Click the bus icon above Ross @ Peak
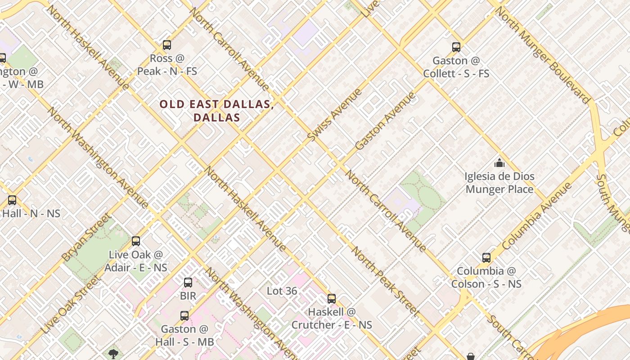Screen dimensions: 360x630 (x=167, y=45)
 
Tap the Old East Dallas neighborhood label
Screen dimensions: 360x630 (x=216, y=111)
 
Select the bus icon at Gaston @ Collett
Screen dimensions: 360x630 (x=456, y=47)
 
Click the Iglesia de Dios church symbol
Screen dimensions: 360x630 (x=499, y=163)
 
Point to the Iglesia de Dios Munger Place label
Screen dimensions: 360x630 (x=499, y=183)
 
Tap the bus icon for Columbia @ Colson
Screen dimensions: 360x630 (x=486, y=258)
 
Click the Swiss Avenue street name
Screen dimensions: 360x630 (x=335, y=114)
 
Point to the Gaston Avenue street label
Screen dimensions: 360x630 (x=385, y=121)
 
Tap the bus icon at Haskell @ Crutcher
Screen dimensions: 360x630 (x=332, y=298)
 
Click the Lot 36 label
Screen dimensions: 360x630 (x=282, y=291)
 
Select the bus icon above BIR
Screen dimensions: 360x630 (x=188, y=283)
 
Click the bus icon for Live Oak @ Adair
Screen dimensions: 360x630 (x=136, y=241)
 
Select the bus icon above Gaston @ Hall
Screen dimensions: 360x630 (x=184, y=316)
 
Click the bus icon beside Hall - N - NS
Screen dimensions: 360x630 (x=12, y=200)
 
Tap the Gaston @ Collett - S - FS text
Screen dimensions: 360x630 (x=456, y=67)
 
